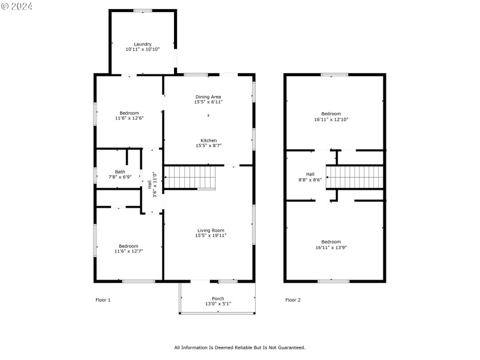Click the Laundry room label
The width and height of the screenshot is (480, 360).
(x=142, y=44)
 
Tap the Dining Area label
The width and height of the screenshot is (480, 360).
(x=208, y=97)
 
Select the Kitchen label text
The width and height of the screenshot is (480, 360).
(x=208, y=140)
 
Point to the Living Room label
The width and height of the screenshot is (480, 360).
(x=210, y=230)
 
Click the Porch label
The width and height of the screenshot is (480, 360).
(x=218, y=298)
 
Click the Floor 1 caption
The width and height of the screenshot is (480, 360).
(x=103, y=299)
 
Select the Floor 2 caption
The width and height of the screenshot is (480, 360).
(x=293, y=299)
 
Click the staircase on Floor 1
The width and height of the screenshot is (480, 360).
(x=189, y=178)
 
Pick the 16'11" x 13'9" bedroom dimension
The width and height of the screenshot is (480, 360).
(x=331, y=247)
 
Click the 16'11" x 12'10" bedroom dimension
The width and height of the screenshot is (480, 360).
(x=331, y=119)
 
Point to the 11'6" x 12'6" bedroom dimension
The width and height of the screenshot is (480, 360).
(x=129, y=118)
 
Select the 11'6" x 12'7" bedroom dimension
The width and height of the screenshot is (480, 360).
(x=128, y=251)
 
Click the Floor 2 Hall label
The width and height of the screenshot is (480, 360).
(x=310, y=174)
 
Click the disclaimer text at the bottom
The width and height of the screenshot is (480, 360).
(x=239, y=347)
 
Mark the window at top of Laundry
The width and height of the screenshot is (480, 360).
(x=142, y=10)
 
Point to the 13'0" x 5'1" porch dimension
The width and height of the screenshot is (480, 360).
(x=218, y=304)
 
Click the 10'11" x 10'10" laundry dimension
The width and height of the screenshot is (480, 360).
(x=142, y=49)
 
